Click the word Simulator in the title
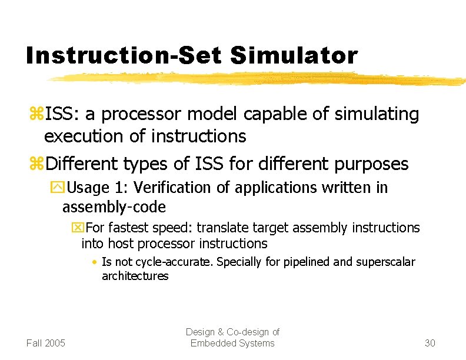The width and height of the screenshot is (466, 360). point(294,55)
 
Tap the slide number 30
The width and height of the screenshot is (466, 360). point(430,343)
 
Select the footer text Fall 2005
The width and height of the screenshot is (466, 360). point(46,343)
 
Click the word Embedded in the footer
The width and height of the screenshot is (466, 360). point(211,343)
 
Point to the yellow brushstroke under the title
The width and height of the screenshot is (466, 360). point(253,78)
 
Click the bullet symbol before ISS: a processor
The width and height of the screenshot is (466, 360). point(36,115)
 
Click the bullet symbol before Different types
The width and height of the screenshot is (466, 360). point(36,164)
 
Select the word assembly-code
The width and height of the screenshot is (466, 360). point(114,207)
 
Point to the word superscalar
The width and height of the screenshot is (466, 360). point(386,262)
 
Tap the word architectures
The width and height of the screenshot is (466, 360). point(135,276)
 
